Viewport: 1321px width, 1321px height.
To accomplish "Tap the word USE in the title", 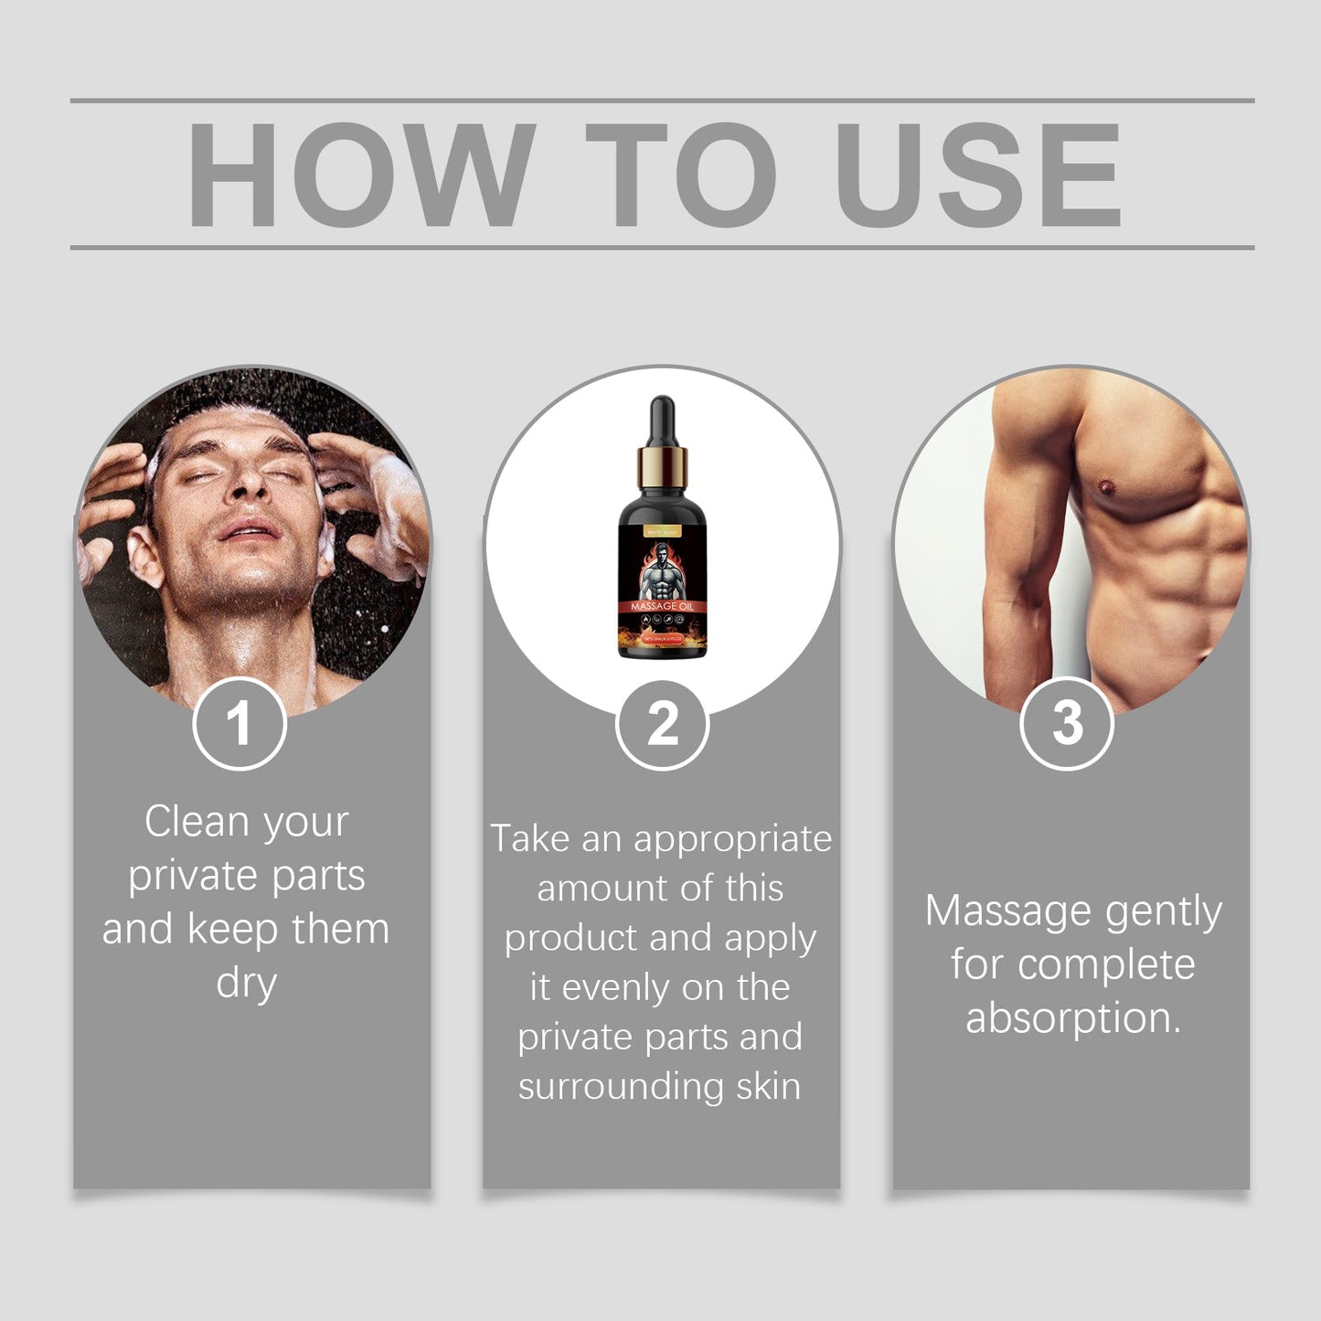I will (977, 175).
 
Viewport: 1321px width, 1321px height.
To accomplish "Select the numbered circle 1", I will (240, 724).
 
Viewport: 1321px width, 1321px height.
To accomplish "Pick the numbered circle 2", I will (662, 724).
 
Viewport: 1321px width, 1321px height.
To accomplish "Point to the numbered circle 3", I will (1066, 723).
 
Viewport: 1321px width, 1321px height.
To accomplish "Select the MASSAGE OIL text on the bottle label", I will (662, 606).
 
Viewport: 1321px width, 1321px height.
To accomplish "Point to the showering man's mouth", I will (249, 529).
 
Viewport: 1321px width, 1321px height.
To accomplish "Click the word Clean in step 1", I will (197, 821).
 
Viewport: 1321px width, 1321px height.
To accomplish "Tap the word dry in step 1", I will (246, 983).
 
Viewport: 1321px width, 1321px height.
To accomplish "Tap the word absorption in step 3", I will (1073, 1018).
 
